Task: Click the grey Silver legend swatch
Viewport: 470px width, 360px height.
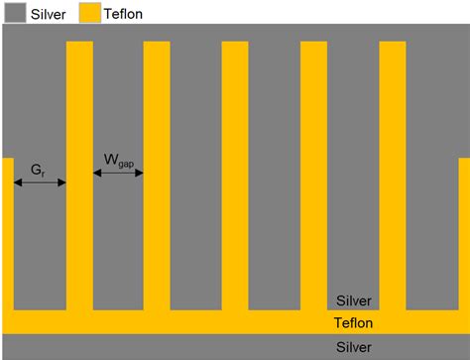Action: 15,13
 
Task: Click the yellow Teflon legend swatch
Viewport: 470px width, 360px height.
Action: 90,13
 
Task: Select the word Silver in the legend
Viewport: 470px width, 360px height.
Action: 50,14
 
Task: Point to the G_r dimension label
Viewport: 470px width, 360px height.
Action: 38,169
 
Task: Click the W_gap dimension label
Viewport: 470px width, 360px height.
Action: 119,160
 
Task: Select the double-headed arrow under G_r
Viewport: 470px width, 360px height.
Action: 40,182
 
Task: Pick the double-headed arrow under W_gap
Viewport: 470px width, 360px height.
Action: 118,174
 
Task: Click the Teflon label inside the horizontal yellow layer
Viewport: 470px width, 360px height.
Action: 354,322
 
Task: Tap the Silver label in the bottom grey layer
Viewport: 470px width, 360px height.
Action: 354,347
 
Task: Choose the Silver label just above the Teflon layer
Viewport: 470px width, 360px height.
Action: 354,300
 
